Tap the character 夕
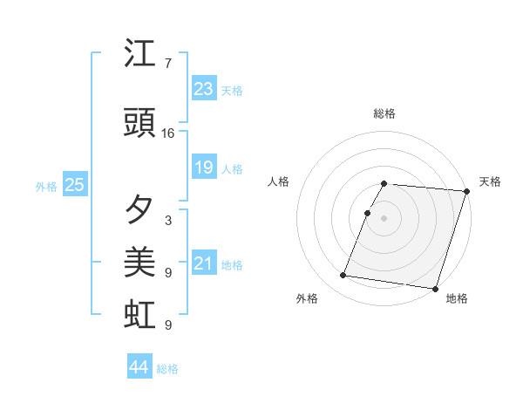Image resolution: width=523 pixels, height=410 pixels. (140, 210)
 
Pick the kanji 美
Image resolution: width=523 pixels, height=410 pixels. (140, 263)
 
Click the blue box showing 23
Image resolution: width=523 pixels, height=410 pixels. (204, 89)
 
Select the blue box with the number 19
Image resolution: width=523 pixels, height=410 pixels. (204, 167)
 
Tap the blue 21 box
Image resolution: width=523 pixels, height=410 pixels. (204, 263)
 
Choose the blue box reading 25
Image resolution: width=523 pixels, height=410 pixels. (74, 185)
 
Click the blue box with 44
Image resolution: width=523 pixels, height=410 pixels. (139, 367)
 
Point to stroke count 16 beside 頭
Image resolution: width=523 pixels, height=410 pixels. (168, 133)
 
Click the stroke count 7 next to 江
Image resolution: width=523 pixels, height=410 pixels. (168, 64)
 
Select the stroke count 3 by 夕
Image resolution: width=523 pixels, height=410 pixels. (168, 221)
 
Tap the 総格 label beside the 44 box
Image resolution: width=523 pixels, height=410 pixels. (167, 369)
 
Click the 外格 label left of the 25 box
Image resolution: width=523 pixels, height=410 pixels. (46, 186)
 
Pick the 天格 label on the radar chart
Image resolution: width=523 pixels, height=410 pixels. (490, 181)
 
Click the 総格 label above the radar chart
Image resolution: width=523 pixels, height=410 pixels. (384, 113)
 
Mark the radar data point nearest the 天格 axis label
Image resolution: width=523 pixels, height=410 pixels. (467, 191)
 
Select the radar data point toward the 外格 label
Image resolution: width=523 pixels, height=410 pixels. (343, 276)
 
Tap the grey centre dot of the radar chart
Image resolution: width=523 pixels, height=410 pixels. (384, 218)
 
